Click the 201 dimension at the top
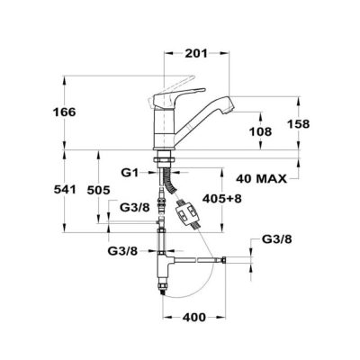click(x=196, y=53)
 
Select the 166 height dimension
click(x=65, y=112)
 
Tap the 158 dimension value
click(x=298, y=123)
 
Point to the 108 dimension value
click(x=260, y=131)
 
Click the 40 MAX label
click(x=261, y=179)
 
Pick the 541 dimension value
click(x=65, y=190)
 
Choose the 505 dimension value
click(x=98, y=190)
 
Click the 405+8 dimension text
click(x=222, y=198)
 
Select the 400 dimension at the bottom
click(x=194, y=317)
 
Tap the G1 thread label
click(x=130, y=173)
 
